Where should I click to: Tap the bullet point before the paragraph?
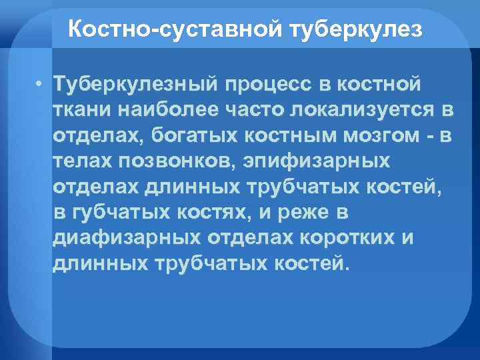click(41, 85)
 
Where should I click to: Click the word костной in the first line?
click(379, 85)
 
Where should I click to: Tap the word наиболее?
click(158, 109)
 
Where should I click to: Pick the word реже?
click(309, 213)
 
